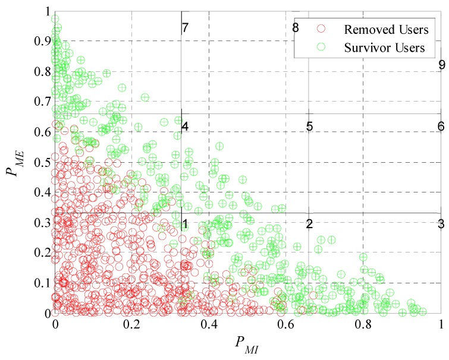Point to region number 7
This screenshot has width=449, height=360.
click(x=185, y=28)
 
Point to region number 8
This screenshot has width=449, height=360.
click(x=296, y=27)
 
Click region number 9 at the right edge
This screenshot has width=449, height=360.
click(x=441, y=65)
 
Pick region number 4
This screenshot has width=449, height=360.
click(x=185, y=127)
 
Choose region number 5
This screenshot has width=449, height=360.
click(x=309, y=127)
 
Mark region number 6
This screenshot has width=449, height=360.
click(x=441, y=127)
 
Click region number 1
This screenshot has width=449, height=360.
click(x=185, y=224)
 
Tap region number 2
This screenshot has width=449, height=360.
click(x=309, y=224)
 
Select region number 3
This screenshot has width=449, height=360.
click(x=441, y=224)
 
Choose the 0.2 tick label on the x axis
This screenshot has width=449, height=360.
click(x=131, y=325)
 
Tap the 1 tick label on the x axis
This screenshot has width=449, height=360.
click(x=441, y=325)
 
